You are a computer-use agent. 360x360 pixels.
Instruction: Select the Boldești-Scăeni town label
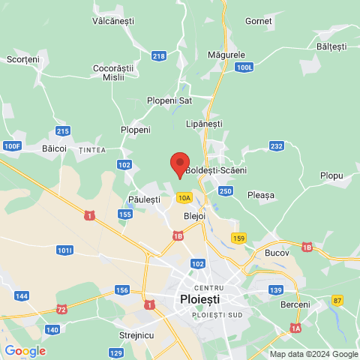pyautogui.click(x=215, y=171)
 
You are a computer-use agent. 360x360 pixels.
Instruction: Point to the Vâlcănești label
pyautogui.click(x=112, y=22)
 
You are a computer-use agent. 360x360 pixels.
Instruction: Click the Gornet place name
pyautogui.click(x=258, y=21)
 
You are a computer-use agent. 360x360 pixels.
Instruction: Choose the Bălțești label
pyautogui.click(x=331, y=46)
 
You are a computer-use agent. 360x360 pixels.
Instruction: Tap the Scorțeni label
pyautogui.click(x=22, y=58)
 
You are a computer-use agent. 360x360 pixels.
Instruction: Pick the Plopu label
pyautogui.click(x=331, y=175)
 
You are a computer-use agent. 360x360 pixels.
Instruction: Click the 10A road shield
pyautogui.click(x=184, y=197)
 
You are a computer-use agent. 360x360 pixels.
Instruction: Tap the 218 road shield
pyautogui.click(x=158, y=56)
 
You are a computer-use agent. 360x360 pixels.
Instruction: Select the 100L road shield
pyautogui.click(x=244, y=67)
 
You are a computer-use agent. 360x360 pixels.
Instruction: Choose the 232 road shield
pyautogui.click(x=277, y=146)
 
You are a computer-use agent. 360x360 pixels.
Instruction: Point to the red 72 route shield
pyautogui.click(x=61, y=309)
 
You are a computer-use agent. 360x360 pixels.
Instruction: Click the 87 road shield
pyautogui.click(x=337, y=300)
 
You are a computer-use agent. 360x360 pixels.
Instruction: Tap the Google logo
pyautogui.click(x=25, y=350)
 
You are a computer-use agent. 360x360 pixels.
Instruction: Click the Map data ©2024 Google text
pyautogui.click(x=313, y=354)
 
